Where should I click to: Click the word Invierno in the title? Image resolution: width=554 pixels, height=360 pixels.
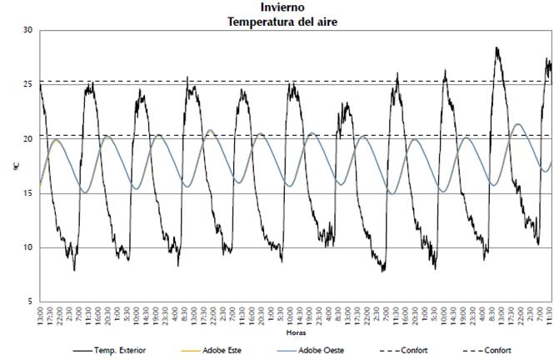(x=282, y=7)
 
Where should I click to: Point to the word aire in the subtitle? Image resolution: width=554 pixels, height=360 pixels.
(x=324, y=21)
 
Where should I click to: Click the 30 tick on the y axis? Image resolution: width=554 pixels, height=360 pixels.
(x=27, y=31)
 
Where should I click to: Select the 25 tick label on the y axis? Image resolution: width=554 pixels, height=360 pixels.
(x=27, y=85)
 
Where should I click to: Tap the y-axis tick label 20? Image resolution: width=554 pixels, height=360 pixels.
(x=27, y=139)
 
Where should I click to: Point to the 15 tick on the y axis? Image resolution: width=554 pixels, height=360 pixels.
(x=27, y=193)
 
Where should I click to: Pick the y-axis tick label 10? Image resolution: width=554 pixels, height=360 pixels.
(x=27, y=247)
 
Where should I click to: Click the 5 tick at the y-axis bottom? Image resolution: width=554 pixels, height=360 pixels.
(x=30, y=302)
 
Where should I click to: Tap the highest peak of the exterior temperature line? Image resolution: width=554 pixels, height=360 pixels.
(x=497, y=48)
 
